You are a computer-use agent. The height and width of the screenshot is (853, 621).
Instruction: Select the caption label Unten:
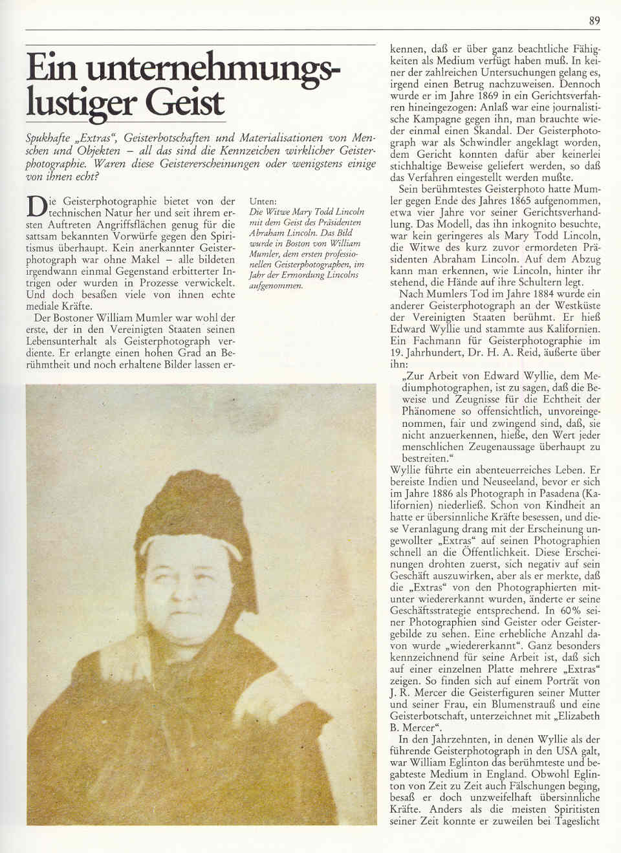tap(263, 201)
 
